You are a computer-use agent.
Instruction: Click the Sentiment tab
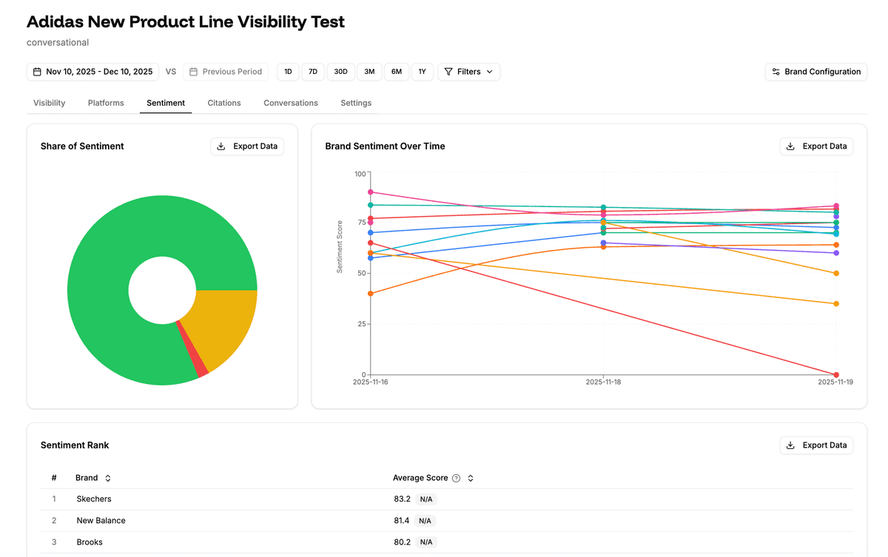point(166,103)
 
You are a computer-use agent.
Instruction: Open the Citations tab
point(224,103)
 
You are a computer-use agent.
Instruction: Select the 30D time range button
point(340,72)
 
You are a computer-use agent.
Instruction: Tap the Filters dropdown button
point(468,72)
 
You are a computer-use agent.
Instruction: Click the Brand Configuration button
point(816,72)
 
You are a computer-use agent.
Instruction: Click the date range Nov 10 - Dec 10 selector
point(92,72)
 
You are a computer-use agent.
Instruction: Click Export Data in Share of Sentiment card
point(247,146)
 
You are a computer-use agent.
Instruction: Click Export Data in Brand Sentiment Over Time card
point(816,146)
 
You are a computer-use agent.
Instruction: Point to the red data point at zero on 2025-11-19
point(836,375)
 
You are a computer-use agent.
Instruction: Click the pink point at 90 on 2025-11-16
point(370,192)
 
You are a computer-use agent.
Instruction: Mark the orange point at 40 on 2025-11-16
point(370,294)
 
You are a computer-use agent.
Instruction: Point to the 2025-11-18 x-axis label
point(603,382)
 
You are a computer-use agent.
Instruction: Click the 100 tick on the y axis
point(360,174)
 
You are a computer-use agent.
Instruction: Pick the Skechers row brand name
point(94,499)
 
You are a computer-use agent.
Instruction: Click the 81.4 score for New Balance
point(402,521)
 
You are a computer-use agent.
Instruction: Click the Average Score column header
point(420,478)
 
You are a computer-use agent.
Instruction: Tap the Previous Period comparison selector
point(226,72)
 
